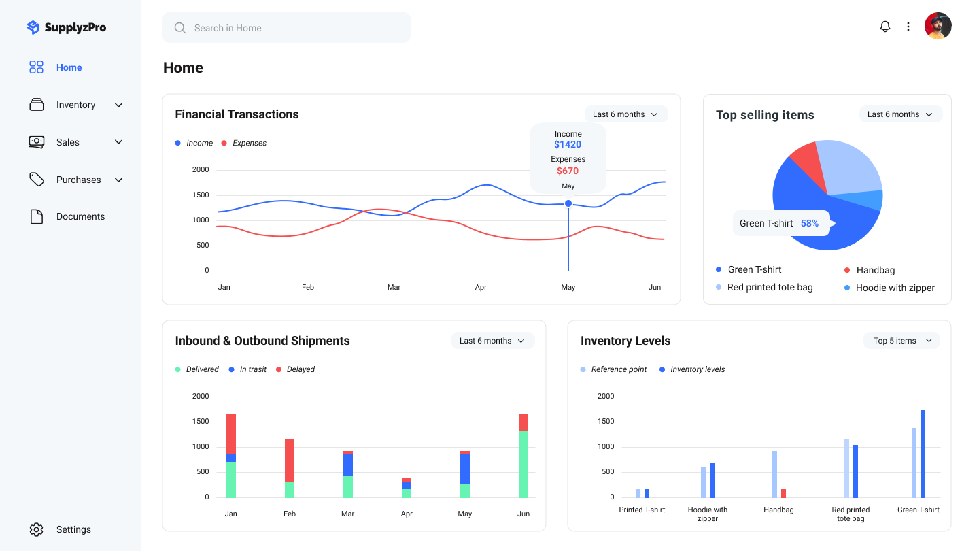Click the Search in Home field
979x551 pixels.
click(x=286, y=28)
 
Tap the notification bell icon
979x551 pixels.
click(x=885, y=27)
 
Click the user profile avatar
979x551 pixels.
click(x=938, y=26)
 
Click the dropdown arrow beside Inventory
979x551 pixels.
click(x=119, y=105)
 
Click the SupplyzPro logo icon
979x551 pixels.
click(x=33, y=27)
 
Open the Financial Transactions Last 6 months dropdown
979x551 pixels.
click(x=625, y=114)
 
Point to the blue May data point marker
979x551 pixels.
click(x=568, y=203)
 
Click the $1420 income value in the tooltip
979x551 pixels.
click(x=568, y=144)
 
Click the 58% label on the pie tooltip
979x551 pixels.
click(x=810, y=223)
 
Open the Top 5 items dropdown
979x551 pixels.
click(x=901, y=341)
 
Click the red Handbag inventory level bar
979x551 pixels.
click(x=783, y=493)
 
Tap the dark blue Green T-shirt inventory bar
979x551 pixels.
click(x=923, y=453)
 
